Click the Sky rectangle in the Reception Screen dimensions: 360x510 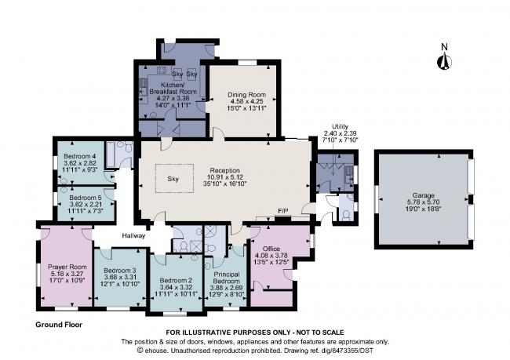tap(173, 178)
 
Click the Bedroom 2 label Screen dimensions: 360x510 tap(176, 280)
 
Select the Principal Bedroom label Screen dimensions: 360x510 tap(227, 276)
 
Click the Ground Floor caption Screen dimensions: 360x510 tap(59, 324)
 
